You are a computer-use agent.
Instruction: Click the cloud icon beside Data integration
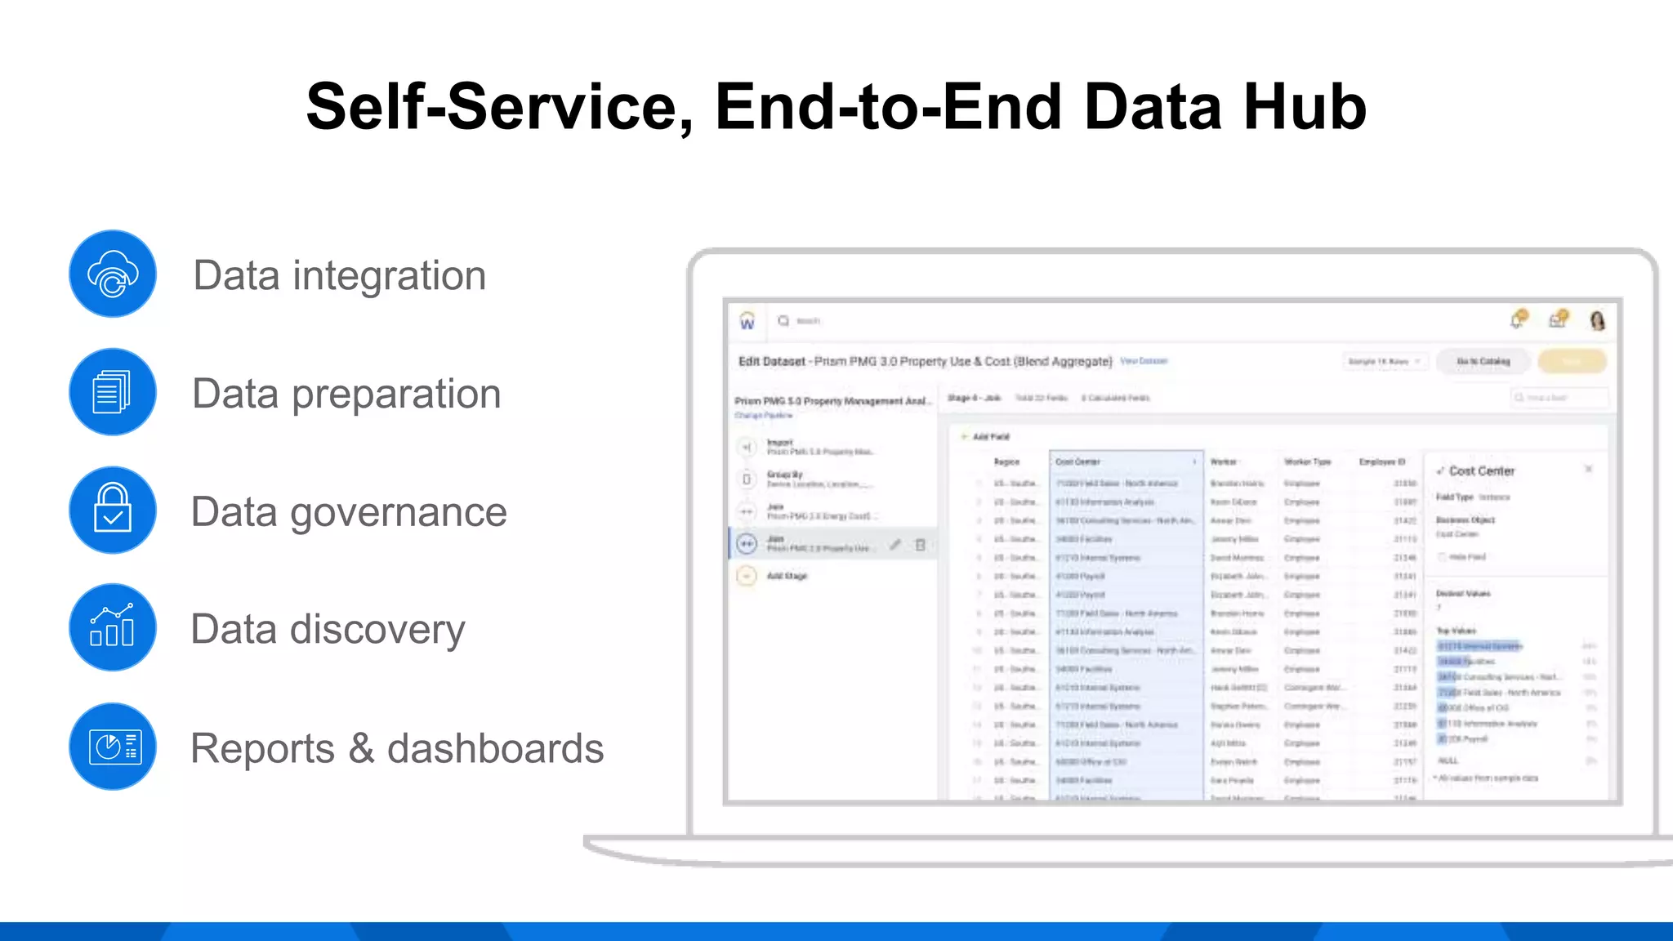[x=113, y=274]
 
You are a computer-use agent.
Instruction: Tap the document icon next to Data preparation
[x=113, y=392]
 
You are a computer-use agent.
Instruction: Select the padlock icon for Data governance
[x=113, y=510]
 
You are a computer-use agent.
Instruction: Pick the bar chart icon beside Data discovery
[x=113, y=627]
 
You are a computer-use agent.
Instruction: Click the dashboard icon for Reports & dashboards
[x=113, y=746]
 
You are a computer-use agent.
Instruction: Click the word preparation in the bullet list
[x=395, y=395]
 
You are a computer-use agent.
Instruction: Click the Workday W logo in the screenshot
[x=747, y=322]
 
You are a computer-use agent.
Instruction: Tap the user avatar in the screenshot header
[x=1597, y=320]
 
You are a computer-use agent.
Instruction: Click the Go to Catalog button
[x=1483, y=361]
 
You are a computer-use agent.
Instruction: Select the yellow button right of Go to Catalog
[x=1572, y=361]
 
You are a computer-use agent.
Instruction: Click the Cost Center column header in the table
[x=1078, y=462]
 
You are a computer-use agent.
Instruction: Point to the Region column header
[x=1006, y=462]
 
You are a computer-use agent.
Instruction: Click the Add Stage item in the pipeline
[x=787, y=576]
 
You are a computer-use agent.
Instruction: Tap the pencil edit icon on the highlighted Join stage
[x=895, y=544]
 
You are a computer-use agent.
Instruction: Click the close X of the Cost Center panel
[x=1589, y=469]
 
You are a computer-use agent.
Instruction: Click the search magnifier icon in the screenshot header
[x=783, y=321]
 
